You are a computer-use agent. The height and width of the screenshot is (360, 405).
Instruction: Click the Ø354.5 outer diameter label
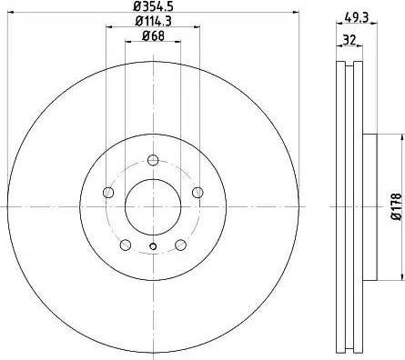click(152, 7)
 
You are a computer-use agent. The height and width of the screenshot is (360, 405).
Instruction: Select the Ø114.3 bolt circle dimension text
click(152, 22)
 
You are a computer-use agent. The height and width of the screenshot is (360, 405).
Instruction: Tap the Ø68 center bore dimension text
click(152, 36)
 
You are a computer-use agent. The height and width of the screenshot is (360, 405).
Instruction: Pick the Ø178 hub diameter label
click(395, 204)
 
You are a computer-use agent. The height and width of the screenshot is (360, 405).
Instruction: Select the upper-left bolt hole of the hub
click(109, 193)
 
